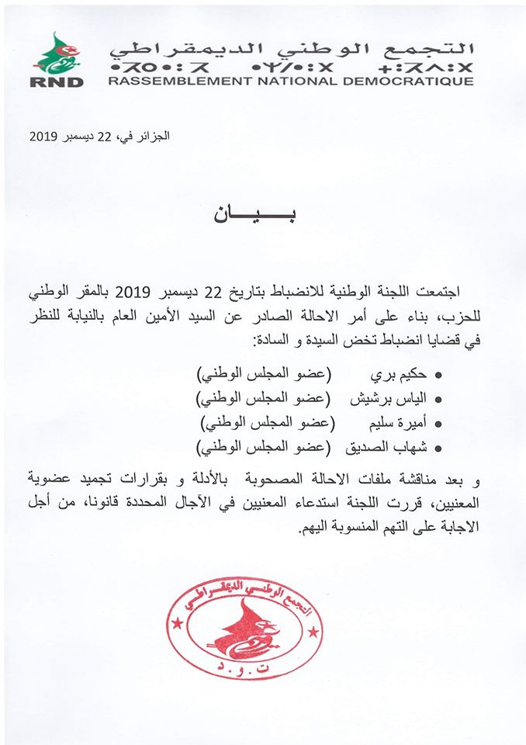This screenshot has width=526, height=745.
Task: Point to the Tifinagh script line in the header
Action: [x=290, y=65]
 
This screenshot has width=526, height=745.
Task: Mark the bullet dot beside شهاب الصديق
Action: [x=438, y=448]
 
